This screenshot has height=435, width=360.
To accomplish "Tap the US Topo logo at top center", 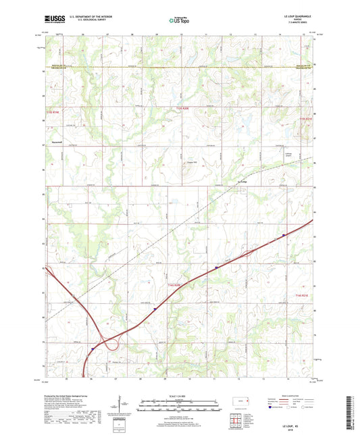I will pyautogui.click(x=179, y=20).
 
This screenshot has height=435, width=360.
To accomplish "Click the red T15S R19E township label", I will pyautogui.click(x=53, y=122).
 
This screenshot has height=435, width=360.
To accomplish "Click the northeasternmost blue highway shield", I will pyautogui.click(x=284, y=235).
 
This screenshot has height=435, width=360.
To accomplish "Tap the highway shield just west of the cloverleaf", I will pyautogui.click(x=93, y=349).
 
